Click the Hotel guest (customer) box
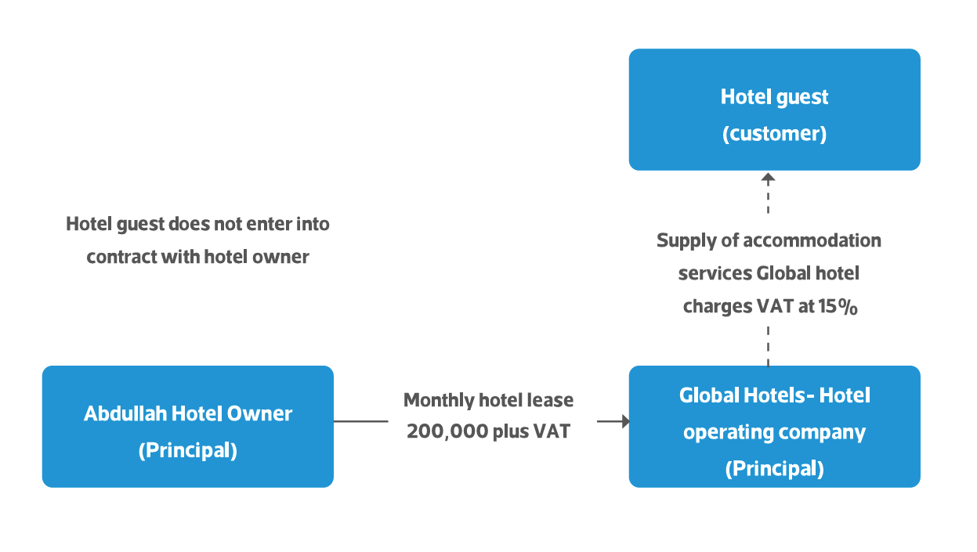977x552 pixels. (774, 110)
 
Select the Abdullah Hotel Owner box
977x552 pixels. (188, 426)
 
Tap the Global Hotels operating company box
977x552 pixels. (774, 426)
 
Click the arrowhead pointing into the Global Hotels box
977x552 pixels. (625, 421)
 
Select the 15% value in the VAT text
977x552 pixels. (838, 307)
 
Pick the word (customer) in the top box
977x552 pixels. (774, 133)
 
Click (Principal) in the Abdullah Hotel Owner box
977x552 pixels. (188, 451)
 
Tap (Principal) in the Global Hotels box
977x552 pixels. (774, 468)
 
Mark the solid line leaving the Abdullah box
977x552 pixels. (360, 421)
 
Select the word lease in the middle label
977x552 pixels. (552, 400)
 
